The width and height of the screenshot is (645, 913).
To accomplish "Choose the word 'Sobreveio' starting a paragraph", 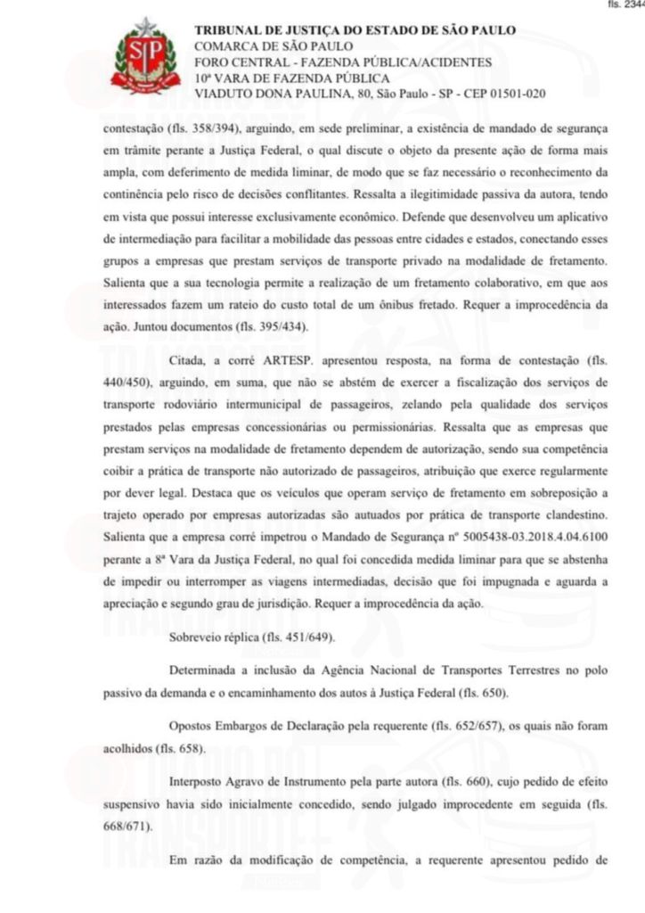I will (198, 637).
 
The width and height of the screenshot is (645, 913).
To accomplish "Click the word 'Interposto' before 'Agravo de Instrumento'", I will (199, 782).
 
